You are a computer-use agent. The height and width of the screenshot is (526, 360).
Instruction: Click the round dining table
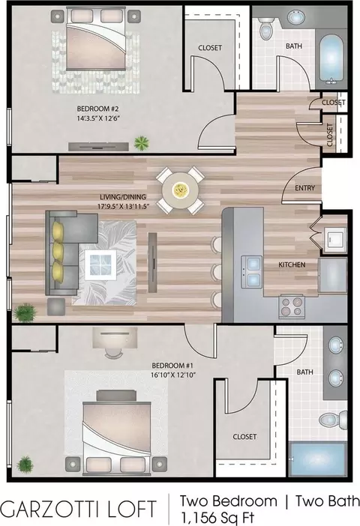click(x=181, y=190)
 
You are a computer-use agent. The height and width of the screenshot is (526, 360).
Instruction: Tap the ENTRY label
click(x=304, y=188)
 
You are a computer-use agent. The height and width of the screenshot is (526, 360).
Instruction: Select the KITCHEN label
click(x=292, y=264)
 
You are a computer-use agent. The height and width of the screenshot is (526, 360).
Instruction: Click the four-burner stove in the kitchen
click(x=291, y=306)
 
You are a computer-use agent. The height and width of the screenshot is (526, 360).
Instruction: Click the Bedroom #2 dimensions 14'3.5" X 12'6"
click(x=98, y=118)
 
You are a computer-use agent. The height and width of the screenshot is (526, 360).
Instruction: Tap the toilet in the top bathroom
click(x=266, y=28)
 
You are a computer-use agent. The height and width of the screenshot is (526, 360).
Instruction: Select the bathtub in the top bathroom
click(x=331, y=58)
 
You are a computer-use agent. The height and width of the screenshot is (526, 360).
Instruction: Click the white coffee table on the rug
click(x=100, y=265)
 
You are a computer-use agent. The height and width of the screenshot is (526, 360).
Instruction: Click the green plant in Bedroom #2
click(x=142, y=143)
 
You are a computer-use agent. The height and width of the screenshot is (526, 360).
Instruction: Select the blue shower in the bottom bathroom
click(x=317, y=459)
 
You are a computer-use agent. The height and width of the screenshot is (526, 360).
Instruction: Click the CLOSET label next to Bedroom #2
click(x=210, y=48)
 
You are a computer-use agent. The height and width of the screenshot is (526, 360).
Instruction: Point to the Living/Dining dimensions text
click(x=123, y=206)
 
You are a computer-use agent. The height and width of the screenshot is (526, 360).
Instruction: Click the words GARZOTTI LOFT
click(x=79, y=509)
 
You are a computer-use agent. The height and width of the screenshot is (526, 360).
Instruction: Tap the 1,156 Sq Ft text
click(x=217, y=517)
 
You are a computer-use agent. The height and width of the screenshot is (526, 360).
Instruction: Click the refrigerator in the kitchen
click(x=332, y=275)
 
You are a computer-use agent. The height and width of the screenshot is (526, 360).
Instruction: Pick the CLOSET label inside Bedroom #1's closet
click(x=244, y=436)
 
